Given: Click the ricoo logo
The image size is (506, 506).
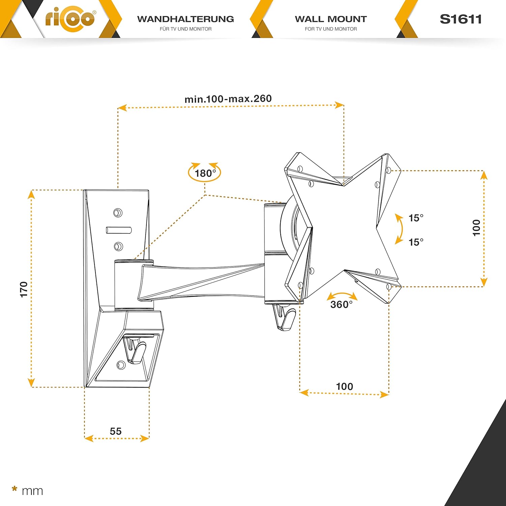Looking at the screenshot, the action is (70, 18).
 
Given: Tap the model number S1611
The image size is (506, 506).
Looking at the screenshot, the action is (461, 19).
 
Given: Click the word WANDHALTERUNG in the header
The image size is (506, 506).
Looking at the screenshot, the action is (186, 19).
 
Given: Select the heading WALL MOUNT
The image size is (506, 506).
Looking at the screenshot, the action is (331, 19).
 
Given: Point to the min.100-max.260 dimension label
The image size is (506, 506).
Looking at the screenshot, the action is (228, 99).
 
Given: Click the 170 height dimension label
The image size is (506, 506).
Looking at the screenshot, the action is (24, 289).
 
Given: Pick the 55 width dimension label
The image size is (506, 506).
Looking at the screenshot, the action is (116, 431).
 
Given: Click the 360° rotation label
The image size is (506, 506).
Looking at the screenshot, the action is (341, 304).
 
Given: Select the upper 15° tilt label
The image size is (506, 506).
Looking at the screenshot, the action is (416, 218).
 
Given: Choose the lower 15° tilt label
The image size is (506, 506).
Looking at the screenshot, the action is (416, 242).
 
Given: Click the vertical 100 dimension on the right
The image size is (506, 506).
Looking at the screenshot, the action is (476, 228).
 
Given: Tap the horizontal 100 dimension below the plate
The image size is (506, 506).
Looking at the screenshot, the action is (344, 386).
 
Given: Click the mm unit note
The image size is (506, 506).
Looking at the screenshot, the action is (32, 491).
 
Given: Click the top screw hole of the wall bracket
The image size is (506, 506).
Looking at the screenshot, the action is (118, 213).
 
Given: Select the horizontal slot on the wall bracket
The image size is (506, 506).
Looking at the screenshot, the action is (119, 230).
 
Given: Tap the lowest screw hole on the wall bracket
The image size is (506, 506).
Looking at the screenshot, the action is (120, 365).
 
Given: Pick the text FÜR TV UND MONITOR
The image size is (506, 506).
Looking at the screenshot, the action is (186, 29).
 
